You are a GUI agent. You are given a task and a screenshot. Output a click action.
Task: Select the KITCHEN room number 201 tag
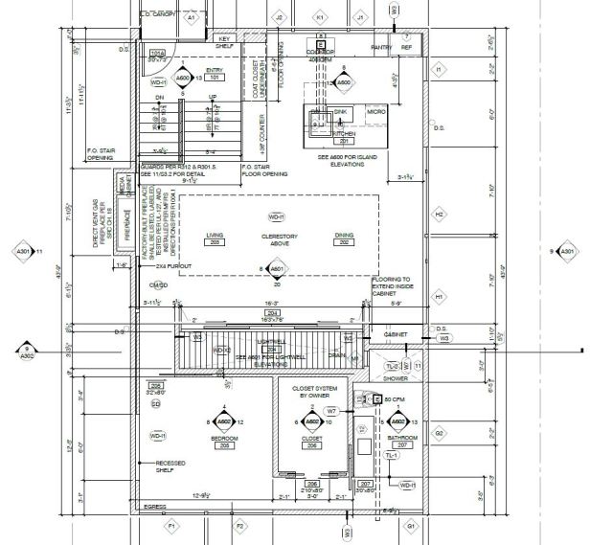pos(343,140)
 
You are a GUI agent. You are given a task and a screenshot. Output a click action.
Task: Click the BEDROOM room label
pos(223,440)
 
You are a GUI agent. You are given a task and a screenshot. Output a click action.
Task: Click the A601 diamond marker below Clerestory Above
pos(276,269)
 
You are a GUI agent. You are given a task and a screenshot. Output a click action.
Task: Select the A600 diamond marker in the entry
pos(182,78)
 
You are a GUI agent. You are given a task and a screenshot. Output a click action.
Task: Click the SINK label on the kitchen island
pos(341,112)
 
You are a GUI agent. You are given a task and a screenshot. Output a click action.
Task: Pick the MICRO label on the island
pos(376,112)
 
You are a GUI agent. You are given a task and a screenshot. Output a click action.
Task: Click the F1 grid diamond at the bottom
pos(172,527)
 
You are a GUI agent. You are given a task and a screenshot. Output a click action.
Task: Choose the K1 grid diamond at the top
pos(319,17)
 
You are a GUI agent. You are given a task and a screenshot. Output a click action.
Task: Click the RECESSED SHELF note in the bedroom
pos(171,466)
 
